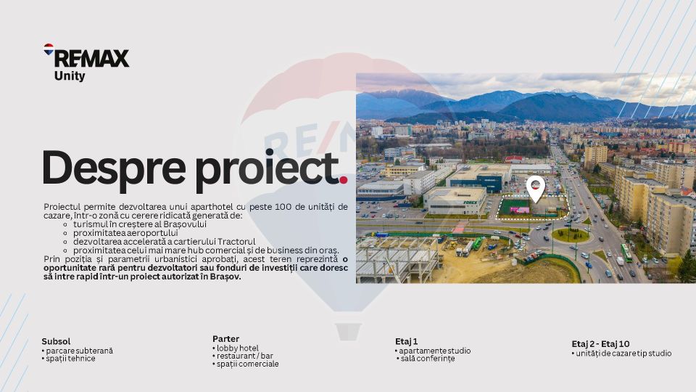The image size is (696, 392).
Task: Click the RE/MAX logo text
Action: click(91, 58)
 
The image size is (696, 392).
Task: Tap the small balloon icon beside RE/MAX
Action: click(49, 49)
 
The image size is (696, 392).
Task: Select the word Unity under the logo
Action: click(70, 75)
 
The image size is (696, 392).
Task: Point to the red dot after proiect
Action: click(344, 179)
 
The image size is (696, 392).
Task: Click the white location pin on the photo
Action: click(535, 188)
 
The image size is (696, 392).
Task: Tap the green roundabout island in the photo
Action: click(570, 234)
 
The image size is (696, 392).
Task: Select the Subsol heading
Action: click(56, 341)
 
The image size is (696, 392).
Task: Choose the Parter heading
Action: click(225, 339)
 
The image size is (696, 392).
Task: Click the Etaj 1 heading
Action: click(406, 341)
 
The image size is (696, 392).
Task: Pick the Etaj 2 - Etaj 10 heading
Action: click(600, 344)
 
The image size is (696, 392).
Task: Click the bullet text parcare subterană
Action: click(79, 351)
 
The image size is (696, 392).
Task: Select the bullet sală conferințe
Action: click(428, 359)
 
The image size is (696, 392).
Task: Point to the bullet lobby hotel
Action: click(239, 348)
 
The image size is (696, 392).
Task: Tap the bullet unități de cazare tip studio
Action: click(623, 354)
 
